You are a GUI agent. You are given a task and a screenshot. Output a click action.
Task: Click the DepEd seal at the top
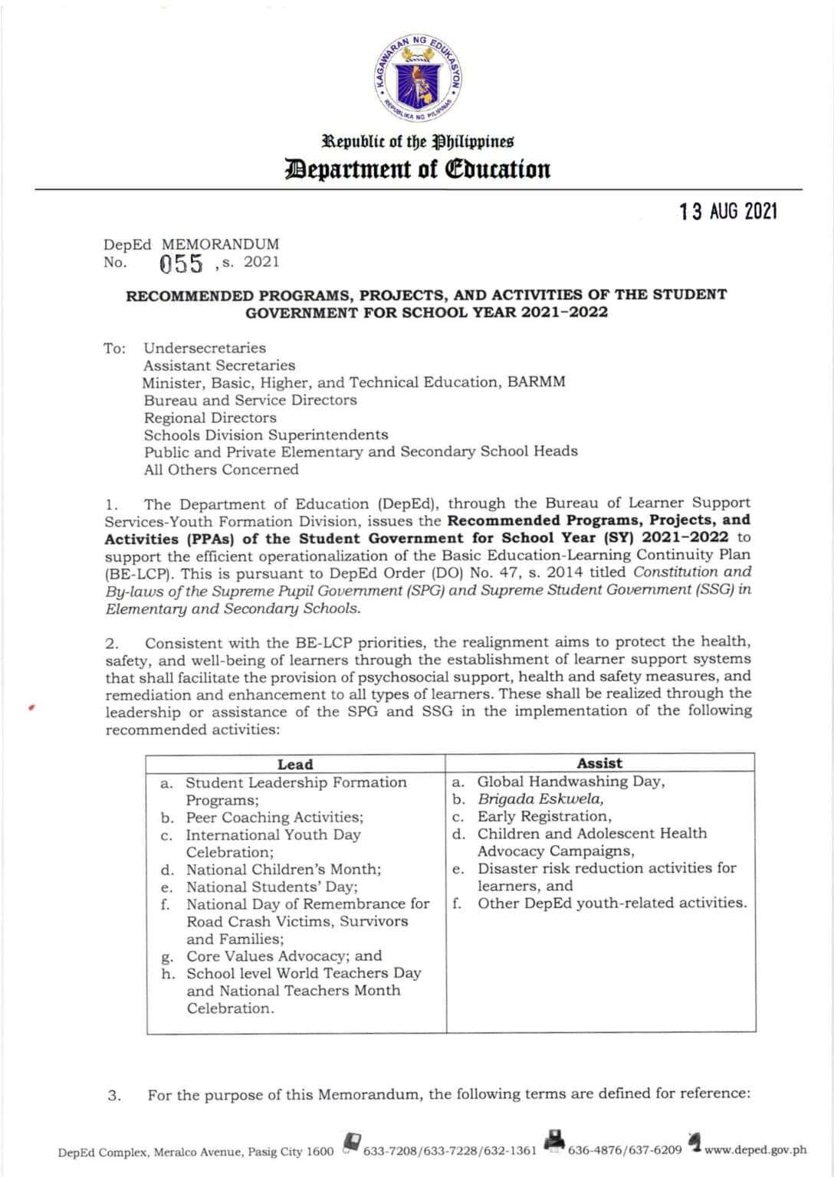click(418, 79)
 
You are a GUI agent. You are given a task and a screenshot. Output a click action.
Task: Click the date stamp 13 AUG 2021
click(727, 211)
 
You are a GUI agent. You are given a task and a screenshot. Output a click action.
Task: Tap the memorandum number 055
click(181, 264)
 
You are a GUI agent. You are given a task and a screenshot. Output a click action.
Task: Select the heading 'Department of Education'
click(418, 169)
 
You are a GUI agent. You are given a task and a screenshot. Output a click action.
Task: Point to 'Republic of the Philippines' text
click(418, 142)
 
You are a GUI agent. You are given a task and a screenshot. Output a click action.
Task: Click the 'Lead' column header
click(295, 764)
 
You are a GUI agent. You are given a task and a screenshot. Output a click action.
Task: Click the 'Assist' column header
click(599, 763)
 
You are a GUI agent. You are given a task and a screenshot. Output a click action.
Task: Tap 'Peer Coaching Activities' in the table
click(274, 817)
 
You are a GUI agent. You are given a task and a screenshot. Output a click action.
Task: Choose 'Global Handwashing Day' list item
click(570, 782)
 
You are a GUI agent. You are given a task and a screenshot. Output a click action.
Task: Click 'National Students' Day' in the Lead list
click(271, 887)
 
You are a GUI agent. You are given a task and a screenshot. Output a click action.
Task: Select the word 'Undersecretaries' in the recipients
click(205, 348)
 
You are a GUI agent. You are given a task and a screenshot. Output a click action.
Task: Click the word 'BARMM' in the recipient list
click(536, 382)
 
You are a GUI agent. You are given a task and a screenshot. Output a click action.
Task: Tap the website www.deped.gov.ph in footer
click(755, 1149)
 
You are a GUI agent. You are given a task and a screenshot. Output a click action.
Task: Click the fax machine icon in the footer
click(555, 1141)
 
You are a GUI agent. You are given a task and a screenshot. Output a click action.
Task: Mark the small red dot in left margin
click(31, 708)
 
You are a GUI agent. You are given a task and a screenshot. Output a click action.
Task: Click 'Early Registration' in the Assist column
click(544, 816)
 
